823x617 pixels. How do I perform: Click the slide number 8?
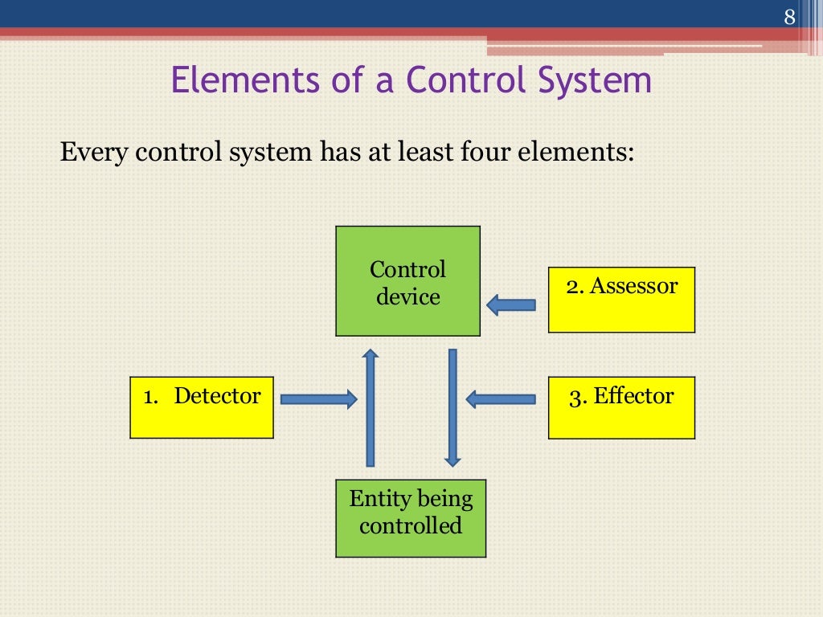coord(788,17)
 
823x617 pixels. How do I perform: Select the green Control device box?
coord(407,281)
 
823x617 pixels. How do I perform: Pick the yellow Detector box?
coord(202,407)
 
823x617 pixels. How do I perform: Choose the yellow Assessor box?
coord(621,300)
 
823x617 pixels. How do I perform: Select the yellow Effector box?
coord(621,407)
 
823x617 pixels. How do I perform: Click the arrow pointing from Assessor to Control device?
coord(511,304)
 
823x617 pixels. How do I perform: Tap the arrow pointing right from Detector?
coord(318,398)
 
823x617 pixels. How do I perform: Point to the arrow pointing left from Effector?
coord(501,398)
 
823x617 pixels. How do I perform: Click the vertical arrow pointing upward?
coord(370,407)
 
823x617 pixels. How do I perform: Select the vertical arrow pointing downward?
coord(452,407)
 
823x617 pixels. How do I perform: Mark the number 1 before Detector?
coord(149,397)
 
